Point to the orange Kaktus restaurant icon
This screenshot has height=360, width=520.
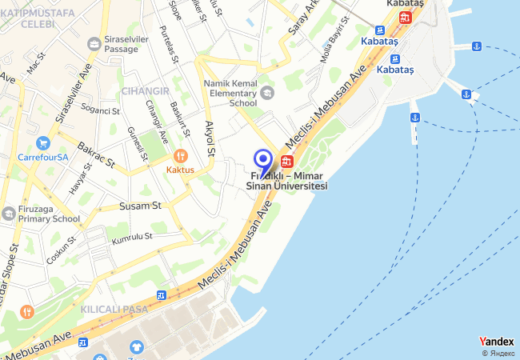(180, 156)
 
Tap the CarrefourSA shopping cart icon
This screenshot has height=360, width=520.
(44, 144)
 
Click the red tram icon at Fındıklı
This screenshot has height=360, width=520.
(286, 160)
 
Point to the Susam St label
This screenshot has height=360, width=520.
(141, 206)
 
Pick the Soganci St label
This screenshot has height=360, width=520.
(100, 110)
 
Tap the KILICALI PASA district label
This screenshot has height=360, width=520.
(114, 308)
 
